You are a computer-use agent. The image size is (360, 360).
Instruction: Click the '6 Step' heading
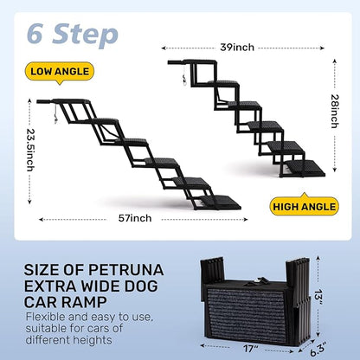pos(73,34)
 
